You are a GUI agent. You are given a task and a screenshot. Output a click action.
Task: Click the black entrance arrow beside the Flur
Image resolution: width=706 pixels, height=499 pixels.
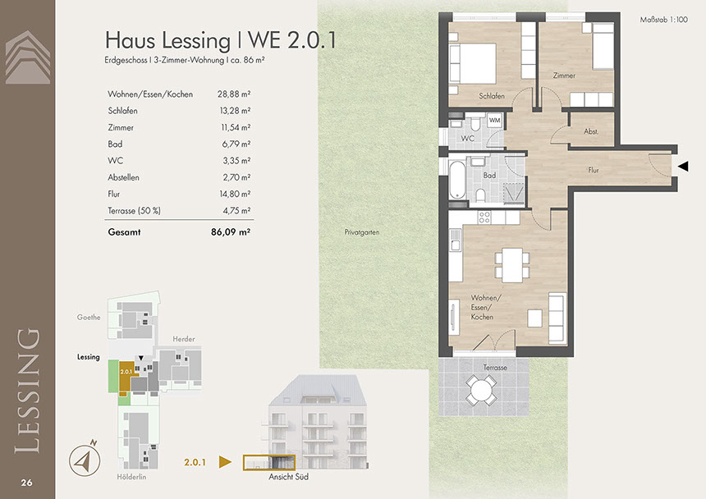(683, 166)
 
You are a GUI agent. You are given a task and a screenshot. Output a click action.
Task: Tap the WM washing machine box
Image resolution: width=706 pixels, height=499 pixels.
(494, 120)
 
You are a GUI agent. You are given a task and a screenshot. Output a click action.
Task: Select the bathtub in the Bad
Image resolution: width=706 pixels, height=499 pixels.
(457, 180)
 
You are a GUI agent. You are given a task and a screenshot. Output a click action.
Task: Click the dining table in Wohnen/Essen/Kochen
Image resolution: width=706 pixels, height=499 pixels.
(512, 264)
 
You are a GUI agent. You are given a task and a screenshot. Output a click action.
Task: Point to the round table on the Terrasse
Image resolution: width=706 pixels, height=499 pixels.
(482, 390)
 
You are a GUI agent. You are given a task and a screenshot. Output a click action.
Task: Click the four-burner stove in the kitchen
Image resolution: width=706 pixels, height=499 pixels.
(484, 217)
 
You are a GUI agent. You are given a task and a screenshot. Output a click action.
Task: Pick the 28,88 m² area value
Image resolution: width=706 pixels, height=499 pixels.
(234, 94)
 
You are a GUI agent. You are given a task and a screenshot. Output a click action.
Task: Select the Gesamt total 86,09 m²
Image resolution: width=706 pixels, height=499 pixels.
(231, 232)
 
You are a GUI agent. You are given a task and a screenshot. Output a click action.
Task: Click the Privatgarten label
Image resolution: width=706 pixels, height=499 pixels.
(362, 232)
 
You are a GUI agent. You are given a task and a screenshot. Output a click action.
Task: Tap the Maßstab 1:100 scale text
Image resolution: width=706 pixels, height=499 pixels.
(663, 20)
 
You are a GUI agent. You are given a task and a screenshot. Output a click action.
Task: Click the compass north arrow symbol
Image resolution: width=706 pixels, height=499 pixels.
(85, 459)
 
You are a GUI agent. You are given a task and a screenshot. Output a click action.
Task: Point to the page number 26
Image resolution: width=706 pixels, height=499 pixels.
(26, 483)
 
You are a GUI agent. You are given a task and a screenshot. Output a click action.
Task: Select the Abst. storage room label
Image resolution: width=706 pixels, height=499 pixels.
(591, 131)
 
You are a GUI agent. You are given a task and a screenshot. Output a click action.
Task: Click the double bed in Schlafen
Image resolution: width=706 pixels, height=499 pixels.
(473, 63)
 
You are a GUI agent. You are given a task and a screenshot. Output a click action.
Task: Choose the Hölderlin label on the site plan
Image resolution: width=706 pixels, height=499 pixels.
(131, 477)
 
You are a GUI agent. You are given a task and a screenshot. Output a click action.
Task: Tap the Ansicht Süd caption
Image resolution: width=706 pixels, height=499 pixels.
(289, 477)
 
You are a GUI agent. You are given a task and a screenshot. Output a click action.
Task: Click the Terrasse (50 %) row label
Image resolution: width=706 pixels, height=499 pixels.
(134, 211)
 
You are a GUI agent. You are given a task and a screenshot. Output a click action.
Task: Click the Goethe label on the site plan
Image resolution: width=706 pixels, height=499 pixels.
(89, 318)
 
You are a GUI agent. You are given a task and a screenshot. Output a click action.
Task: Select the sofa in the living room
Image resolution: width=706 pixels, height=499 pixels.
(557, 318)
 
